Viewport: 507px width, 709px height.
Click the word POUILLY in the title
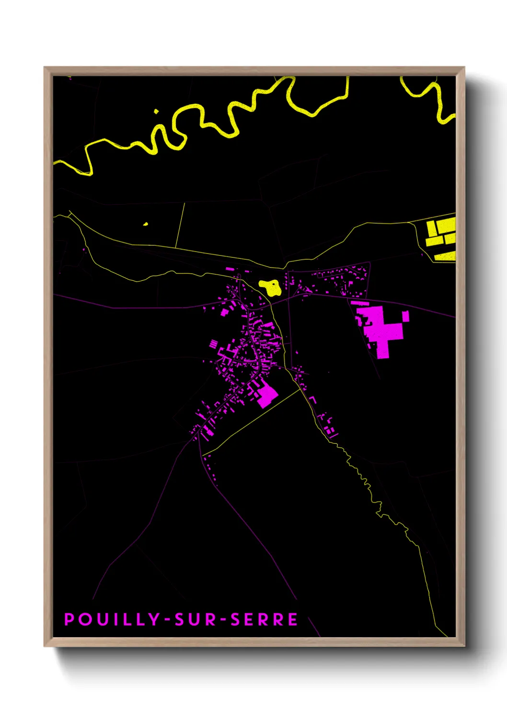[112, 619]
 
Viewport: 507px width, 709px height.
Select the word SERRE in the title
[264, 619]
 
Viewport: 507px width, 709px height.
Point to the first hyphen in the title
[167, 620]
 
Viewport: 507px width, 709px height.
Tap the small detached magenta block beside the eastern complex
[405, 316]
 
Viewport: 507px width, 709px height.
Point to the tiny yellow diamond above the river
[156, 112]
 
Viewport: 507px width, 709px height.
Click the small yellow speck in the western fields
[146, 224]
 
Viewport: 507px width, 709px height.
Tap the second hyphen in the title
[223, 620]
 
